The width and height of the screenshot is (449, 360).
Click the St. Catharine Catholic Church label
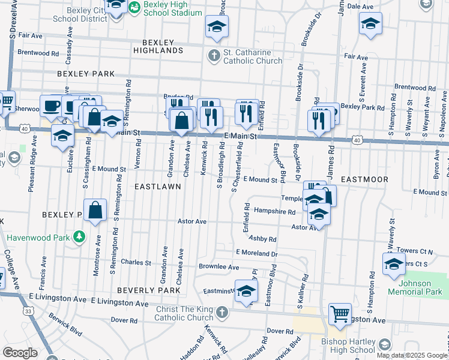(x=252, y=56)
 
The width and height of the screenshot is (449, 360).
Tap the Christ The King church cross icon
(x=222, y=313)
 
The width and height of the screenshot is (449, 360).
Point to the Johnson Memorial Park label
(x=414, y=287)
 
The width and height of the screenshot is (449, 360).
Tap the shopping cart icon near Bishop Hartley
(x=340, y=313)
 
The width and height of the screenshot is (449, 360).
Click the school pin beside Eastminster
(x=246, y=291)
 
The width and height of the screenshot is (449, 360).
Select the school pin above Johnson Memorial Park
(x=393, y=263)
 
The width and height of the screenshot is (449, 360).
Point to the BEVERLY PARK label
(x=148, y=290)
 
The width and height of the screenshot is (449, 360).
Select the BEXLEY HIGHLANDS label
(x=162, y=47)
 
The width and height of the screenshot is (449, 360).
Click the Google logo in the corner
(x=19, y=353)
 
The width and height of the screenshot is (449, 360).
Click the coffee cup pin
(x=52, y=106)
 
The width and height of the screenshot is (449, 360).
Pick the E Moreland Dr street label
(x=257, y=253)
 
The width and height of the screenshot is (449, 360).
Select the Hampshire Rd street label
(x=274, y=212)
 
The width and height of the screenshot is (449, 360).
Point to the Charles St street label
(x=136, y=262)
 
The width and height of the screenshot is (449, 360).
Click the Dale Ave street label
(x=360, y=6)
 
